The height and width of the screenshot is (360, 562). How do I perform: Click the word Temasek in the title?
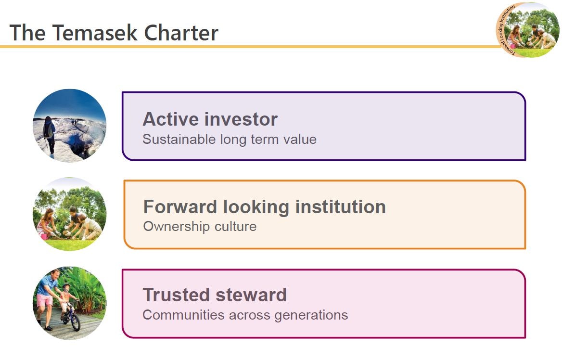[x=95, y=33]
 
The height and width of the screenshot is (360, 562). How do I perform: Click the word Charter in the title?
[x=181, y=33]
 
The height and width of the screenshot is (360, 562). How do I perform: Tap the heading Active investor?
[x=210, y=119]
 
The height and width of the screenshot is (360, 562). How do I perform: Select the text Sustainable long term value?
[x=230, y=139]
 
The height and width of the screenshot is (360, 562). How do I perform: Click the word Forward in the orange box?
[x=180, y=207]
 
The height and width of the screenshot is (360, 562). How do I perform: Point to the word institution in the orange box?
[x=341, y=207]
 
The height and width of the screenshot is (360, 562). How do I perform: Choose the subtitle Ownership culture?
[x=200, y=226]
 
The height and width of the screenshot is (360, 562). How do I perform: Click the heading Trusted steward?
[x=215, y=295]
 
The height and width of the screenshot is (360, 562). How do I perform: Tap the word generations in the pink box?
[x=311, y=315]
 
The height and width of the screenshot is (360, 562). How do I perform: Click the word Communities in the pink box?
[x=183, y=315]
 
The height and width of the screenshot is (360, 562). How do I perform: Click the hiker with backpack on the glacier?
[x=49, y=134]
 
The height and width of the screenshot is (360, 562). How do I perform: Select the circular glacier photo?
[x=70, y=126]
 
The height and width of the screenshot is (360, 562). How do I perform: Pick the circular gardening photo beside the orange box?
[x=70, y=214]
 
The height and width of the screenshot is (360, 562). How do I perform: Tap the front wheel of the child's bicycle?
[x=75, y=321]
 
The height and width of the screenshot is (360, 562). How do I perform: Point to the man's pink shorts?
[x=45, y=300]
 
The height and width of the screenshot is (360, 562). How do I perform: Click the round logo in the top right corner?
[x=527, y=30]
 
